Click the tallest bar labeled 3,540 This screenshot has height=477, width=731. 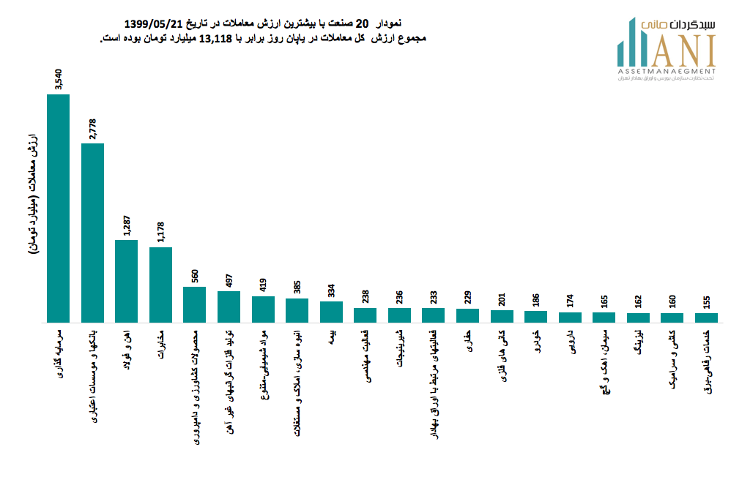(58, 209)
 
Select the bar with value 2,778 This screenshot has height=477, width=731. (92, 233)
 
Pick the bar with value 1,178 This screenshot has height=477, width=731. (160, 285)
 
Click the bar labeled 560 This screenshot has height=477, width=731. (194, 304)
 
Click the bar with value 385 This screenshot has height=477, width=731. (297, 310)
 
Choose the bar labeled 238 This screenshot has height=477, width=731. (365, 315)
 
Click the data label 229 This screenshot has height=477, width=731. (467, 295)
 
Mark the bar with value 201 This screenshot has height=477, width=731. (502, 316)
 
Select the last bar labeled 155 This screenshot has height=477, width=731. (706, 318)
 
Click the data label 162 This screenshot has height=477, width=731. (638, 299)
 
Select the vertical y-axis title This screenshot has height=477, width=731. (33, 194)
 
